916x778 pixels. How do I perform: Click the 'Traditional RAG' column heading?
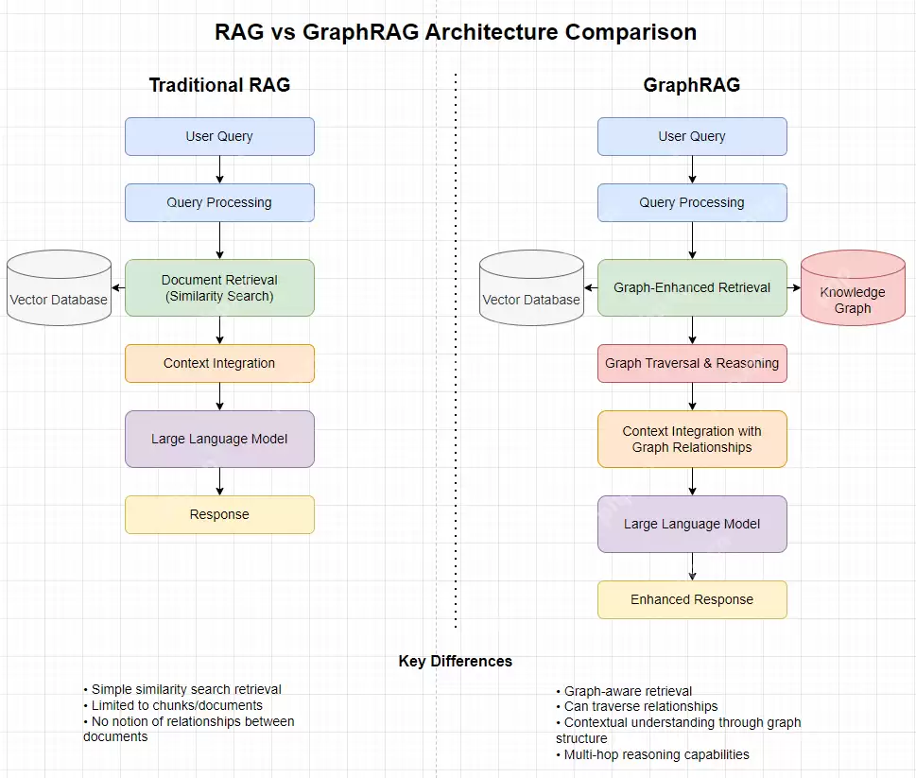219,85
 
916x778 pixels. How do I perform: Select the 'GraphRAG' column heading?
691,85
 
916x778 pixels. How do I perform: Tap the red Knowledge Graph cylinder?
853,288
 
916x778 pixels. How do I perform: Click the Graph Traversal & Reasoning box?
692,363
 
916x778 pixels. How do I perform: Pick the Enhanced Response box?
692,599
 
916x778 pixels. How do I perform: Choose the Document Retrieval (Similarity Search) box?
219,287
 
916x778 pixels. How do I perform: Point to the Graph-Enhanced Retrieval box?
692,287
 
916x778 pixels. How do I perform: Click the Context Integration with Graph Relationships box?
692,439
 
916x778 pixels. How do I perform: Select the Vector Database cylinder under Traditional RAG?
59,288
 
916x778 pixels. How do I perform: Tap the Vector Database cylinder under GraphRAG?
531,288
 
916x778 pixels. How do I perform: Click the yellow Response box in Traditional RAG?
219,514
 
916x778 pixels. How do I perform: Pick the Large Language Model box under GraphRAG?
692,524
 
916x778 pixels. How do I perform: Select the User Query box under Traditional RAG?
219,136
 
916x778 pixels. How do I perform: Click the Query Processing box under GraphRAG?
692,202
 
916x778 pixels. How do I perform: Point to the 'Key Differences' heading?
456,661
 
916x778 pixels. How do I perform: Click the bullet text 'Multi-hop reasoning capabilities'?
656,754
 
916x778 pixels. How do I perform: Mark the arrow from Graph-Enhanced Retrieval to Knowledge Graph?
794,287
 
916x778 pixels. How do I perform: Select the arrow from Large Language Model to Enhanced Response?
693,566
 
